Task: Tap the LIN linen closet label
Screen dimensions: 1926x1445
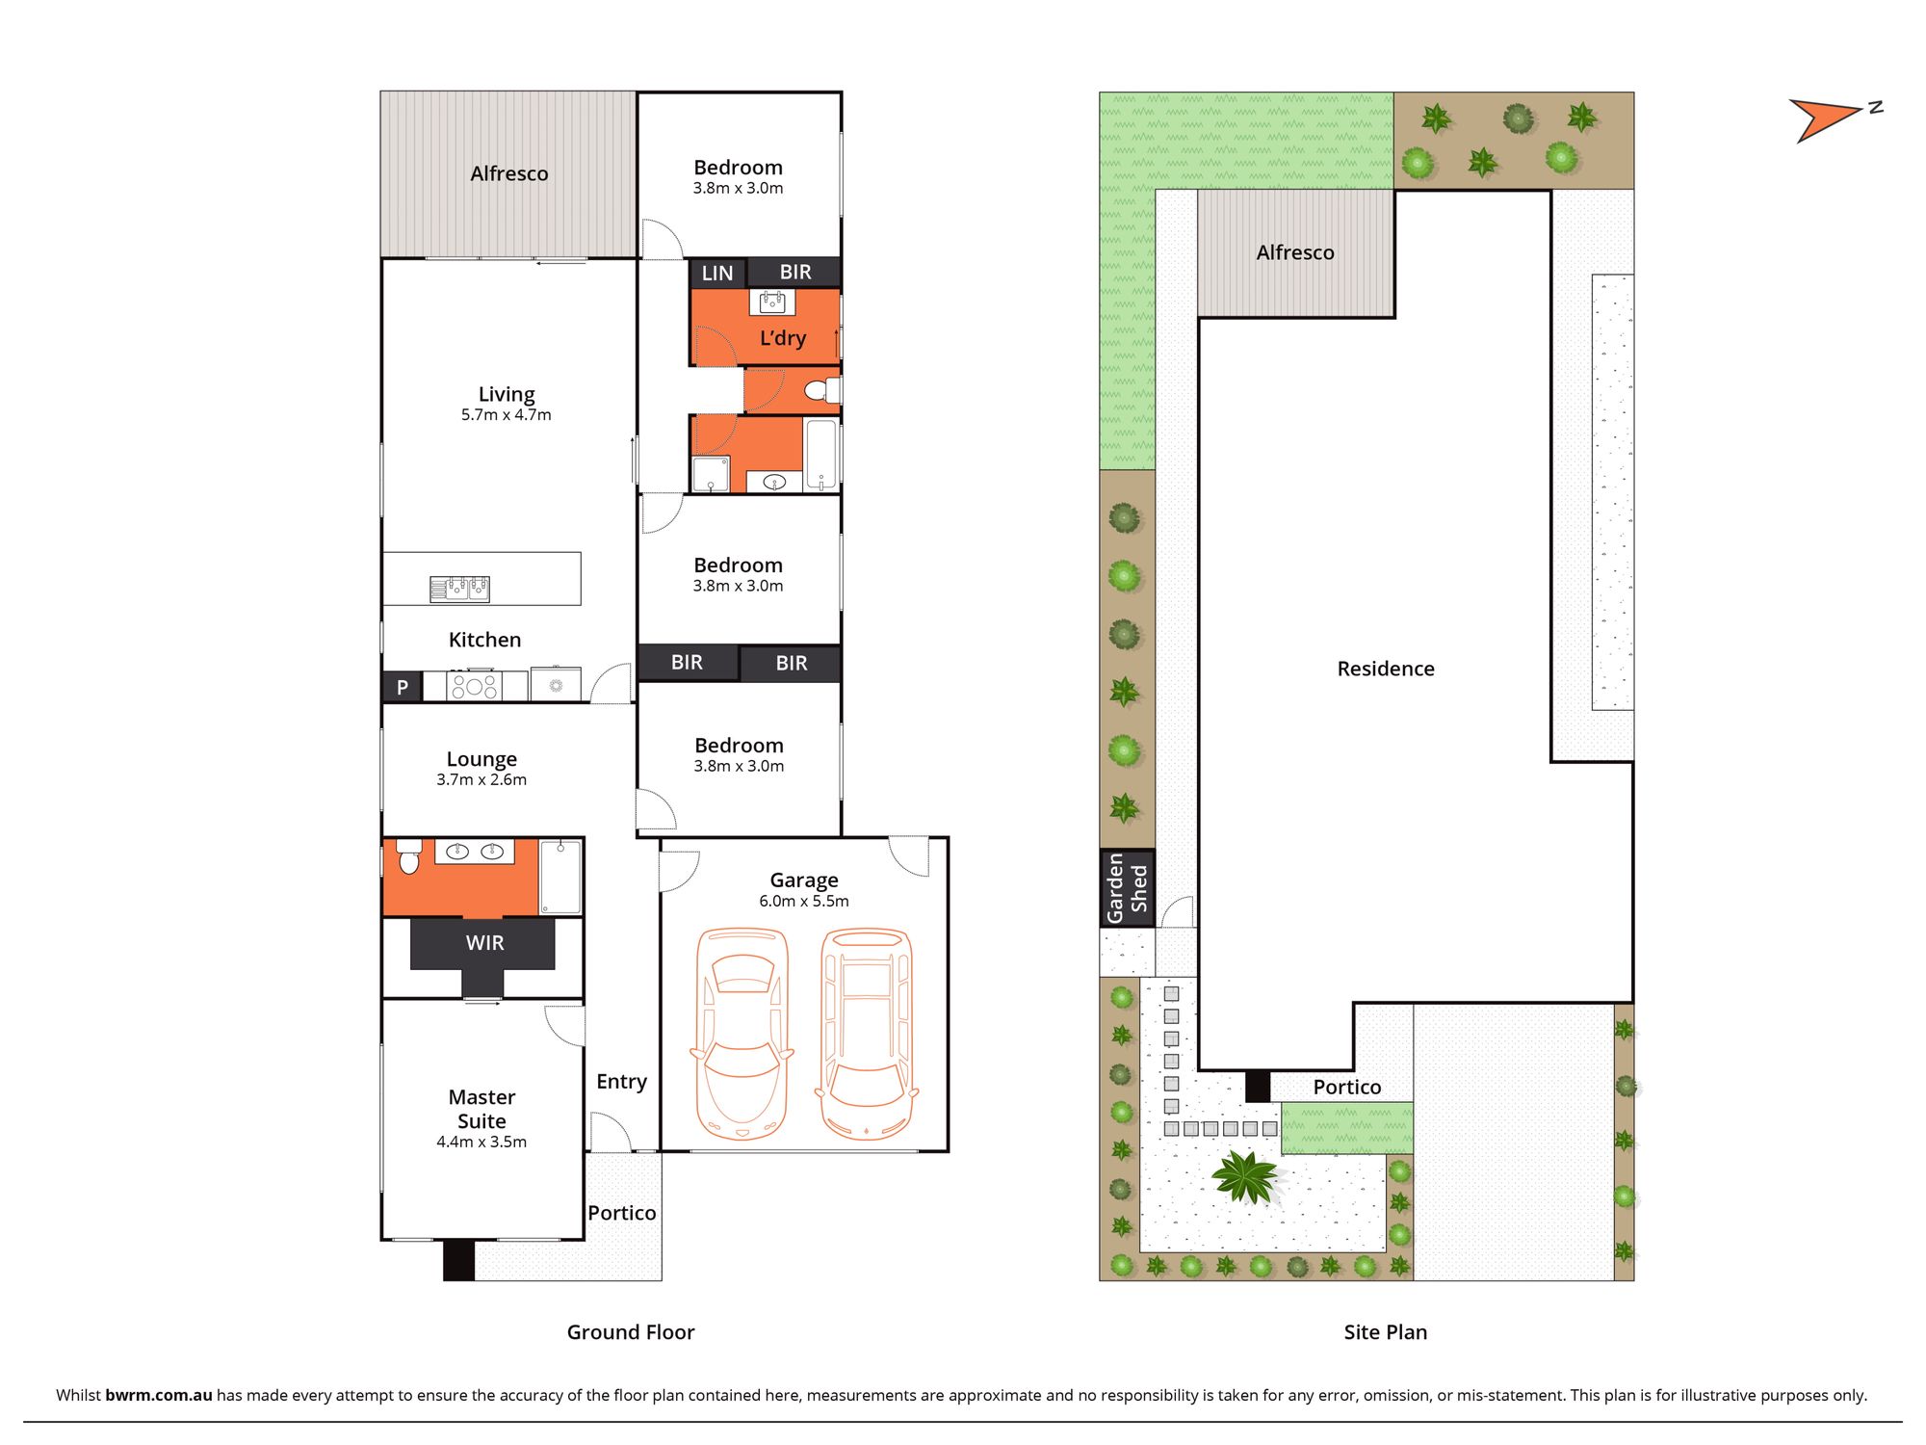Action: (x=717, y=274)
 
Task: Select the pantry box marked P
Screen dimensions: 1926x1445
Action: (x=403, y=687)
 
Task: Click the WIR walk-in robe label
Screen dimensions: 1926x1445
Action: (x=484, y=943)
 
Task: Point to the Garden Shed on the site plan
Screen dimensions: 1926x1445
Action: (x=1128, y=888)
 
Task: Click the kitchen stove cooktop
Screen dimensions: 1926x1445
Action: (x=474, y=686)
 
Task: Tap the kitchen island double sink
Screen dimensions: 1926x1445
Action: (x=459, y=588)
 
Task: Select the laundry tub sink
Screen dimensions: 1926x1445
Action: (x=772, y=302)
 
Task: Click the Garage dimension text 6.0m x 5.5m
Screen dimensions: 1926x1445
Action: (x=804, y=902)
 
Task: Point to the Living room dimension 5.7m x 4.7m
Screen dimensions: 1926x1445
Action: (x=507, y=415)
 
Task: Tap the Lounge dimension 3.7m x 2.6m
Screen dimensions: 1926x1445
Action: (x=481, y=780)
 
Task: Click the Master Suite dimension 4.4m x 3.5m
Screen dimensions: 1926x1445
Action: (x=481, y=1143)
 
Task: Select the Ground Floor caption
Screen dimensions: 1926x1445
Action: (x=631, y=1332)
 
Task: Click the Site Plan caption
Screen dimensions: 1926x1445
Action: (x=1386, y=1332)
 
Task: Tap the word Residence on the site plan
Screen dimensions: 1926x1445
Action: (x=1386, y=669)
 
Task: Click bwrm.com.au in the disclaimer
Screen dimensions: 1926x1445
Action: (x=159, y=1395)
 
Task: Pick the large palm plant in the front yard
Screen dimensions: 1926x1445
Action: (x=1246, y=1176)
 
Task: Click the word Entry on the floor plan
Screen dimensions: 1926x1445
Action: (x=621, y=1082)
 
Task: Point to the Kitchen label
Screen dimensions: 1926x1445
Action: (x=484, y=640)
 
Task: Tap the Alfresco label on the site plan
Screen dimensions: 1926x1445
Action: (x=1295, y=252)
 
